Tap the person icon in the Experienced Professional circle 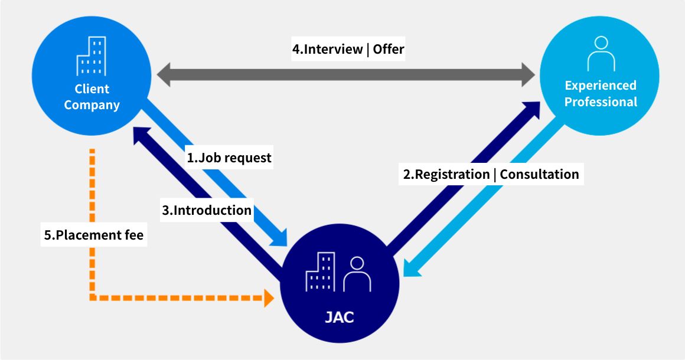[601, 54]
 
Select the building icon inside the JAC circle [320, 272]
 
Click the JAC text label [340, 317]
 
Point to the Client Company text [92, 97]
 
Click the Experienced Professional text [601, 94]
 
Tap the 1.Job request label [229, 158]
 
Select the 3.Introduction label [207, 210]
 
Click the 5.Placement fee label [94, 235]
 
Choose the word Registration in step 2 [451, 174]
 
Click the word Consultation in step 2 [539, 174]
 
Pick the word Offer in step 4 [389, 49]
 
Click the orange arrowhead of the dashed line [268, 298]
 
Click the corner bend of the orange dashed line [93, 297]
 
